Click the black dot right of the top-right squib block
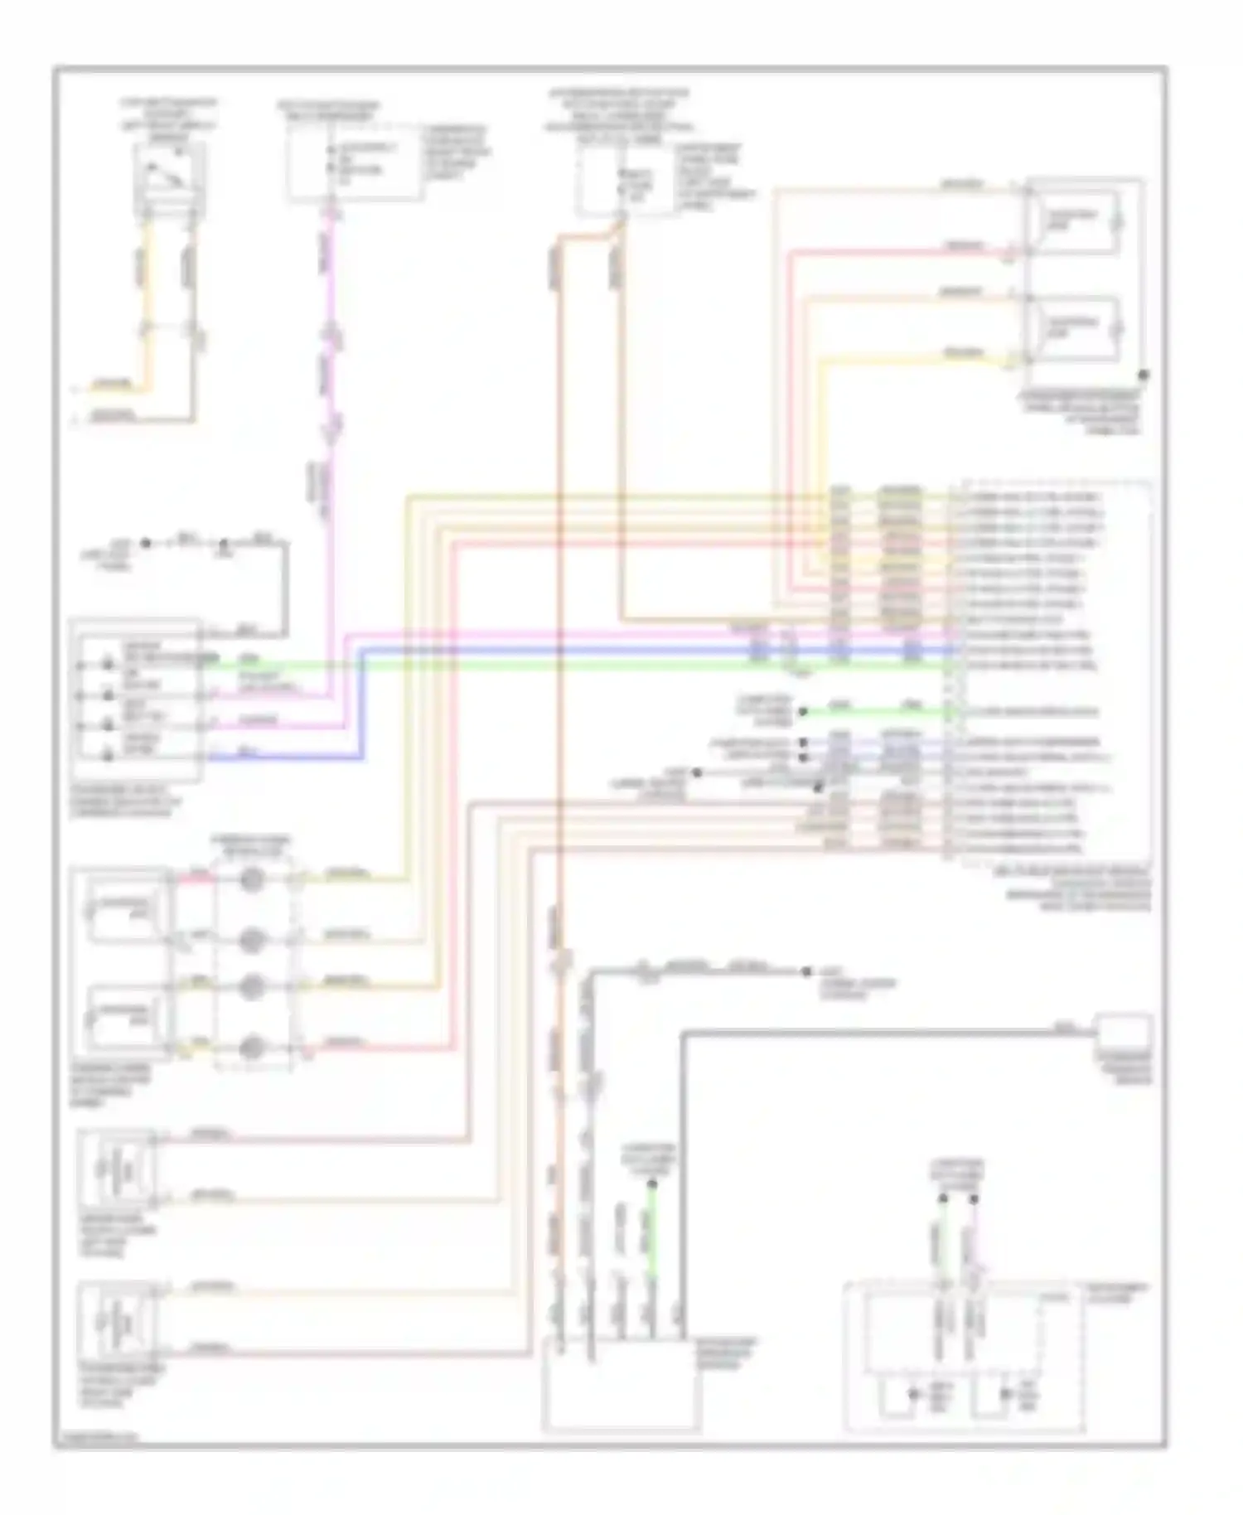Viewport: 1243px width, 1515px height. pyautogui.click(x=1143, y=375)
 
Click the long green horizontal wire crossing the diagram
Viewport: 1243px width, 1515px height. pyautogui.click(x=580, y=664)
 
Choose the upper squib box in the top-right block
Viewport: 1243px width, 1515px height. pyautogui.click(x=1073, y=220)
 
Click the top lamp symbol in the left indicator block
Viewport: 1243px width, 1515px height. pyautogui.click(x=108, y=663)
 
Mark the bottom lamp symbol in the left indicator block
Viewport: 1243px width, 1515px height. pyautogui.click(x=108, y=754)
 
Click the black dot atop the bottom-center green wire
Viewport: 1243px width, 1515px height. pyautogui.click(x=651, y=1185)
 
